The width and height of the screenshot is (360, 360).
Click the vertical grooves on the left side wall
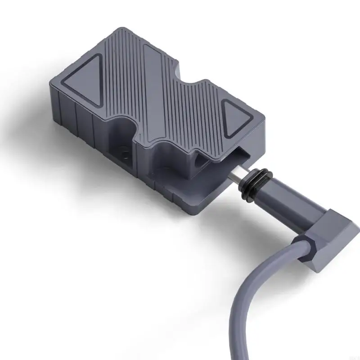pos(72,117)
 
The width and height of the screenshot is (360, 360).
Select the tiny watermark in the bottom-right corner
pos(353,355)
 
